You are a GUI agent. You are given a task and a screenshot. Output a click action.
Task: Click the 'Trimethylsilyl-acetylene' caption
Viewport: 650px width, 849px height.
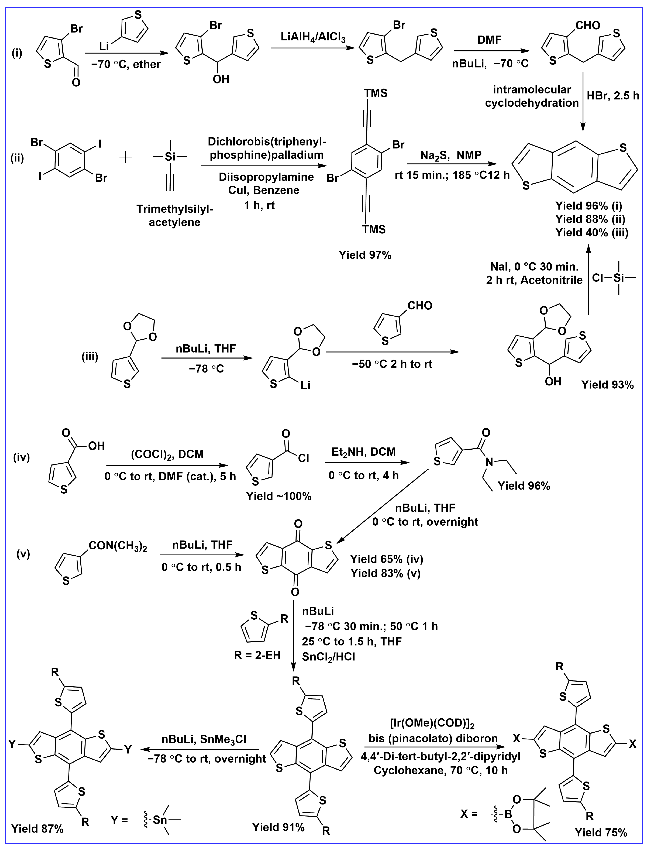point(175,215)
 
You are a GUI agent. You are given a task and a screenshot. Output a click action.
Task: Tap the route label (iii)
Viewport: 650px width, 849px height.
point(90,357)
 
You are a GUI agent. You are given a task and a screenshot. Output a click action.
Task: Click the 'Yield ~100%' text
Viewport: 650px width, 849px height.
point(279,496)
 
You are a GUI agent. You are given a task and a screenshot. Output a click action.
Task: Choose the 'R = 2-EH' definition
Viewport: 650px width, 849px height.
point(257,655)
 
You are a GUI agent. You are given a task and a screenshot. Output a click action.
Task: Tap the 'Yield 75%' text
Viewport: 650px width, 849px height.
point(601,832)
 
